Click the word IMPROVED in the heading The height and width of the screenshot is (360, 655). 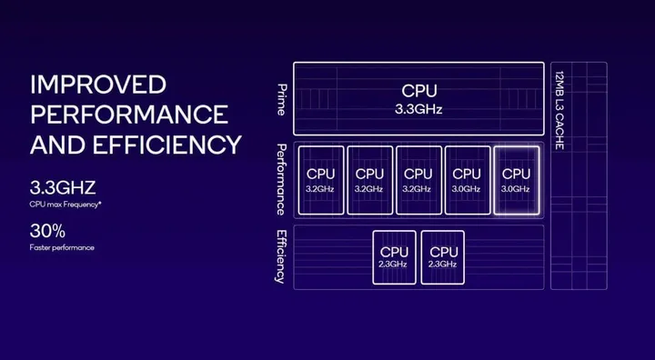click(x=98, y=86)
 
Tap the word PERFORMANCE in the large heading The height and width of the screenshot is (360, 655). click(x=128, y=115)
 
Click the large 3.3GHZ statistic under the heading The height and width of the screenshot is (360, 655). click(x=63, y=189)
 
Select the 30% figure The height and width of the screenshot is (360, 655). click(x=47, y=230)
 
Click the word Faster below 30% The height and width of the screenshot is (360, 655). click(x=42, y=246)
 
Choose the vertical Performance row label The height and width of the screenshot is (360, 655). click(x=281, y=179)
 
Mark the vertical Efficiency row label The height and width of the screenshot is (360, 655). click(x=281, y=255)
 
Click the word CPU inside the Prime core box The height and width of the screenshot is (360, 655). click(x=418, y=90)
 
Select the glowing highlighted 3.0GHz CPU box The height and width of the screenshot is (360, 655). click(x=516, y=179)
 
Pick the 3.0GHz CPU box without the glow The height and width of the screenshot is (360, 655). click(x=467, y=179)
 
